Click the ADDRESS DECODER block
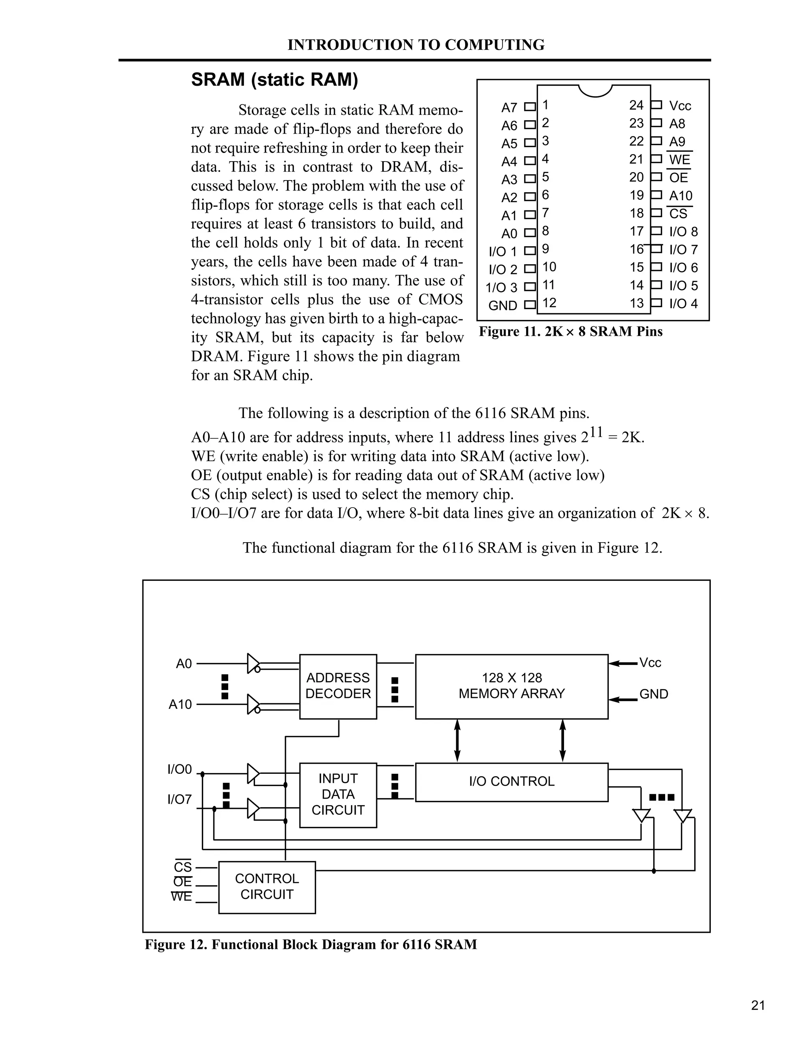tap(338, 686)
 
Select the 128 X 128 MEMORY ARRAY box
tap(511, 686)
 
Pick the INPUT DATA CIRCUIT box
tap(338, 794)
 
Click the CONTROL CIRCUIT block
tap(267, 886)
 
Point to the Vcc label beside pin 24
tap(680, 106)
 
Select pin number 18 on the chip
tap(636, 213)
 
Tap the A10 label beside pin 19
tap(680, 195)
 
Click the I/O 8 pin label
tap(683, 232)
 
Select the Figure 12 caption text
tap(311, 944)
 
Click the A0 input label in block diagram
tap(184, 664)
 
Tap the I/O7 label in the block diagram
tap(179, 799)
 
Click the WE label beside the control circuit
tap(181, 897)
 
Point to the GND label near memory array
tap(654, 694)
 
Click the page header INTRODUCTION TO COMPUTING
tap(416, 45)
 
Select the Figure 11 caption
tap(571, 331)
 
